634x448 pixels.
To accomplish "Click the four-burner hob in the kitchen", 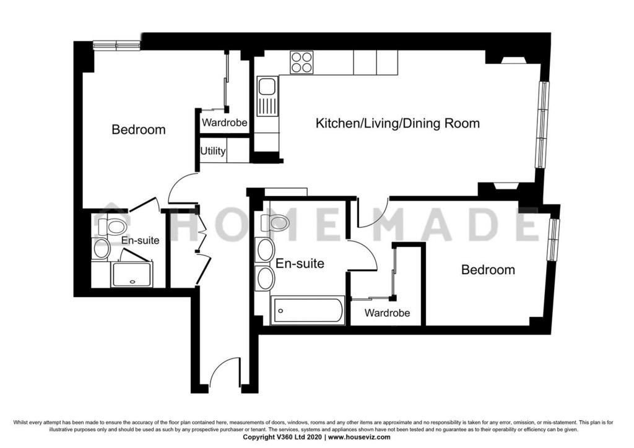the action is (302, 62).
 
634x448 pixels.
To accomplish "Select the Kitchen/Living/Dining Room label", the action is (397, 123).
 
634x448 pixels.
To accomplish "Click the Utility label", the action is (213, 151).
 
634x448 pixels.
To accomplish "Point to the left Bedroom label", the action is (139, 130).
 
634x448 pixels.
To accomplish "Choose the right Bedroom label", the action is (488, 269).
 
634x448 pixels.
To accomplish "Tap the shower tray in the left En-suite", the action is (131, 274).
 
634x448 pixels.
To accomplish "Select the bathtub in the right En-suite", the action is (308, 311).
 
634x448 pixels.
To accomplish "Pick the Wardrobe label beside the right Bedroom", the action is (387, 312).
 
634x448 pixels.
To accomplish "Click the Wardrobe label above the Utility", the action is (224, 123).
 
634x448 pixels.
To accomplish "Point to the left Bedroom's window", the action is (116, 45).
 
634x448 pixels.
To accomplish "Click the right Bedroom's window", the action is (553, 239).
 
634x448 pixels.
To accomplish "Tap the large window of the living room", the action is (542, 124).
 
